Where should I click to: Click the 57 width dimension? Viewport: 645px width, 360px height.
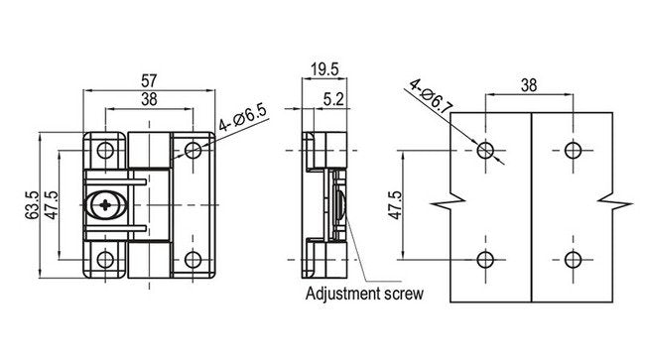tap(146, 79)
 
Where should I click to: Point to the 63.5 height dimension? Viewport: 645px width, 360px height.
tap(33, 204)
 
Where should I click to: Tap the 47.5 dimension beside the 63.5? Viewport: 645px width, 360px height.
tap(51, 204)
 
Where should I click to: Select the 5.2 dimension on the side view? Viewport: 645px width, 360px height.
tap(334, 98)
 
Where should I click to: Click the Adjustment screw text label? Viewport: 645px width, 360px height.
tap(364, 294)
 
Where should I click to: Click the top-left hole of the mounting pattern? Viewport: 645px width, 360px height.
tap(485, 150)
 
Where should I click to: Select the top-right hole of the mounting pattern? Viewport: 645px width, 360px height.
tap(571, 150)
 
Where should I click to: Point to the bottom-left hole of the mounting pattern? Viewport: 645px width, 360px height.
tap(485, 260)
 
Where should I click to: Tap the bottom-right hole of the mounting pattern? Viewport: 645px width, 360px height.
tap(571, 260)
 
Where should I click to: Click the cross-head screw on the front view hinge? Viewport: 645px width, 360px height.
tap(106, 204)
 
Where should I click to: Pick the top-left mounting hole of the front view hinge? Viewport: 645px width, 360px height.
tap(103, 150)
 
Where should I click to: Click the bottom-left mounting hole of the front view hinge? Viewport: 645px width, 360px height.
tap(103, 260)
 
